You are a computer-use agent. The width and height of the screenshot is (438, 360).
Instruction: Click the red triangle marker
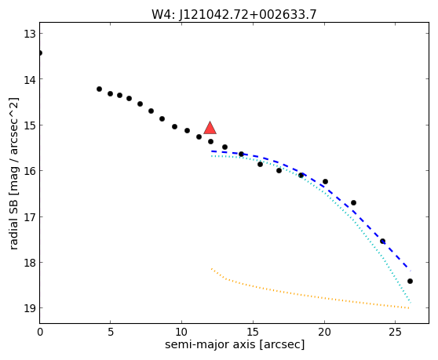(210, 128)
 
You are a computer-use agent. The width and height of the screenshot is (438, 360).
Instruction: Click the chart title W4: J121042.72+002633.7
(234, 14)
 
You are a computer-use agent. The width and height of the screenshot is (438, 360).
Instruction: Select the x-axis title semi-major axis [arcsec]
(235, 344)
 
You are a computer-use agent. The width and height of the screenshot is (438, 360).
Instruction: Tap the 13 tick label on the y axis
(29, 34)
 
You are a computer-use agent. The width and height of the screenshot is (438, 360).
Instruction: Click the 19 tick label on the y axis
(29, 308)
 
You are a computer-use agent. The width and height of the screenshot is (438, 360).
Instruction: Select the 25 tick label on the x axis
(396, 332)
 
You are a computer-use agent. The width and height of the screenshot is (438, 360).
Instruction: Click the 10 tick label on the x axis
(181, 332)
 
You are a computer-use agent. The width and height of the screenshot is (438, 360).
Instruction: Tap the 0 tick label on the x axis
(40, 332)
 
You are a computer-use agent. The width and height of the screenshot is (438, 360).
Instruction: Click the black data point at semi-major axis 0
(40, 53)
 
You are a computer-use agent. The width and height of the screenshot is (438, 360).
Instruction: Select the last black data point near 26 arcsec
(410, 281)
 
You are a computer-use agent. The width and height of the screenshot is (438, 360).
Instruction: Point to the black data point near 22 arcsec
(354, 202)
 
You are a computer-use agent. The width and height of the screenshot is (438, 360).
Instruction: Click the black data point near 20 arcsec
(325, 181)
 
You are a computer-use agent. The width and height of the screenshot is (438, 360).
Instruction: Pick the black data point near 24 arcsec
(383, 241)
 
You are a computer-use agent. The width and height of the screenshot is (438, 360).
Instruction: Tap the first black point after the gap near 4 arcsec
(99, 89)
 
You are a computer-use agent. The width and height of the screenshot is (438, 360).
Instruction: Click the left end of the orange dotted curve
(212, 268)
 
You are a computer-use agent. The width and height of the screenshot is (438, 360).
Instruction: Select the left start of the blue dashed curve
(212, 151)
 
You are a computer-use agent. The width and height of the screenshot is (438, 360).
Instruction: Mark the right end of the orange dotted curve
(409, 308)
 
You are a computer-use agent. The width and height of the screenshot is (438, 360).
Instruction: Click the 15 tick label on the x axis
(253, 332)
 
